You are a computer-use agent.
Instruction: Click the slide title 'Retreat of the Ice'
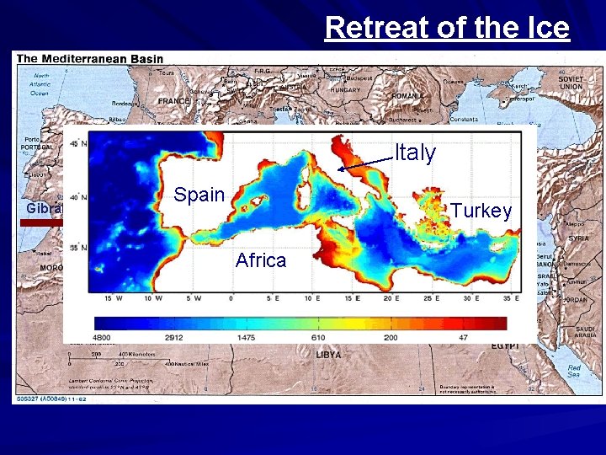coord(447,28)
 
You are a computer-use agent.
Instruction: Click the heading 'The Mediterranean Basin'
coord(90,59)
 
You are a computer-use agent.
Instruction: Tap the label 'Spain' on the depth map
coord(199,195)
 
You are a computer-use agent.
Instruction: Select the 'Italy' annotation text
coord(416,153)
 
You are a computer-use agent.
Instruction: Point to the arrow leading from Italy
coord(365,163)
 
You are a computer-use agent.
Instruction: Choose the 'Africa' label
coord(261,260)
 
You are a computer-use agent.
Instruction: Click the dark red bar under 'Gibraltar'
coord(41,223)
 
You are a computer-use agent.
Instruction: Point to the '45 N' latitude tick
coord(76,144)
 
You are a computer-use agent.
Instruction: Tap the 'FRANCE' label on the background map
coord(173,101)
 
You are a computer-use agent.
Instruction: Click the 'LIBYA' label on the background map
coord(328,356)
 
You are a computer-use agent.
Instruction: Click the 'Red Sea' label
coord(573,371)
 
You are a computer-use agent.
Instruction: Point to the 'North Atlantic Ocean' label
coord(40,84)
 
